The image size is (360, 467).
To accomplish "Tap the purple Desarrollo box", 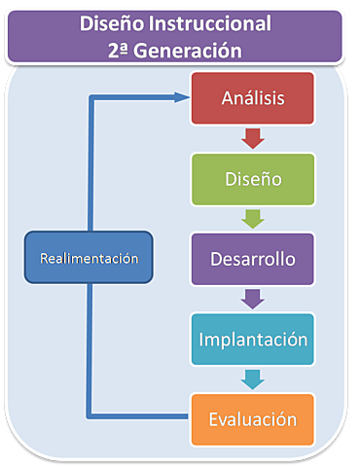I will pos(251,260).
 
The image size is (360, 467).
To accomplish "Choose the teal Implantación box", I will pos(252,341).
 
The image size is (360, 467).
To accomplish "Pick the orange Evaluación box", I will pos(252,420).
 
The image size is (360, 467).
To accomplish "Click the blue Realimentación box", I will pos(89,258).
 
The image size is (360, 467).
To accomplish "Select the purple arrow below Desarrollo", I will pos(252,300).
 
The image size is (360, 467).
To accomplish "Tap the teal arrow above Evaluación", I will pos(252,379).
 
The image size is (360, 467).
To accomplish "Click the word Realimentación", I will pos(89,258).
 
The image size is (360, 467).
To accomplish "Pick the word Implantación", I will pos(252,341).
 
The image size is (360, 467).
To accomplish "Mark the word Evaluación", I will pos(252,420).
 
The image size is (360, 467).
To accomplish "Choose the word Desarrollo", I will pos(251,260).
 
